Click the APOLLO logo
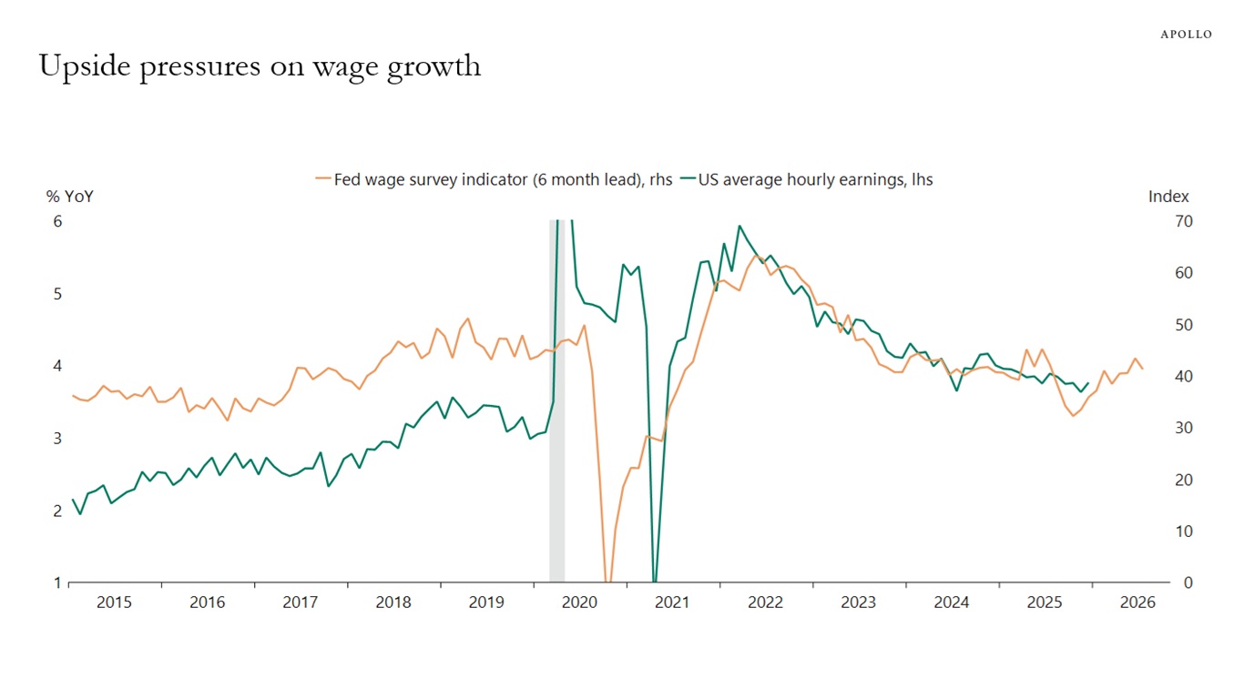[x=1186, y=35]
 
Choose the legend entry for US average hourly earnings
[x=815, y=179]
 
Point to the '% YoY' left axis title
[x=70, y=197]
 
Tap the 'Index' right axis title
[x=1168, y=197]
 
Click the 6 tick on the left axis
[x=57, y=221]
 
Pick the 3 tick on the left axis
[x=57, y=439]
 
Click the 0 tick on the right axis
[x=1188, y=582]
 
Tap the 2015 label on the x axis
[x=114, y=603]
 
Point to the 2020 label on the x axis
[x=579, y=603]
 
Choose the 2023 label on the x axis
[x=858, y=603]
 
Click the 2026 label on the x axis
[x=1137, y=603]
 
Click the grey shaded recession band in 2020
[x=556, y=400]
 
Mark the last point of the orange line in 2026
[x=1143, y=369]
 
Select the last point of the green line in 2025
[x=1089, y=383]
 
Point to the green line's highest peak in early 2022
[x=739, y=226]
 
